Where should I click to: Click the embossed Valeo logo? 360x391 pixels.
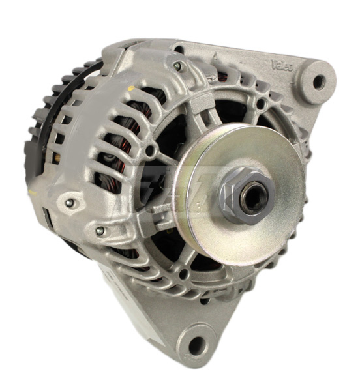point(282,65)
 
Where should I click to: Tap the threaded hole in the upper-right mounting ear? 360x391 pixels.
point(319,82)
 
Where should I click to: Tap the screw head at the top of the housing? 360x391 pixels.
point(177,66)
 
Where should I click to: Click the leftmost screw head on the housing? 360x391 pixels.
point(69,203)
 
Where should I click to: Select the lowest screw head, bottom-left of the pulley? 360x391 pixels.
point(100,231)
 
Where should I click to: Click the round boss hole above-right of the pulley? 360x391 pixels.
point(260,102)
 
